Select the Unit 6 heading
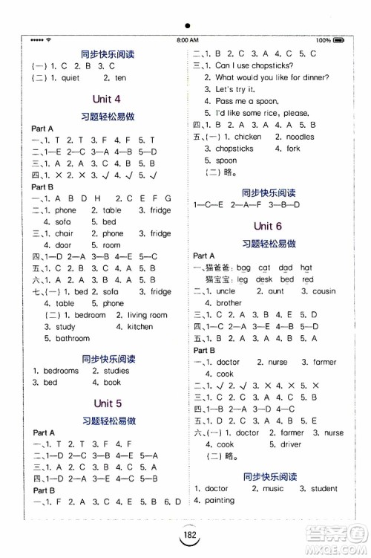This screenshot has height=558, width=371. pos(268,226)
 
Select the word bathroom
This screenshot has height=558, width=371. pos(73,338)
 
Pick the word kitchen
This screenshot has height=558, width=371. pos(139,327)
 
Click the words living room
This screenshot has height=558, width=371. pos(147,315)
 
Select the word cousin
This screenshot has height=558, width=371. pos(324,291)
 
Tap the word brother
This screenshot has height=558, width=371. pos(229,303)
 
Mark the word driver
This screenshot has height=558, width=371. pos(292,444)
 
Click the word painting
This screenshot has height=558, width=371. pos(214,501)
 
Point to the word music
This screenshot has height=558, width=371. pos(272,489)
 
